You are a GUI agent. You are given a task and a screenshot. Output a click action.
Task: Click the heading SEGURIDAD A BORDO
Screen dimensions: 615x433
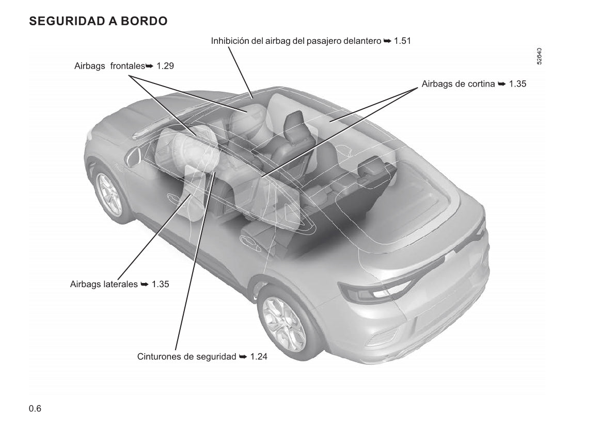[x=98, y=21]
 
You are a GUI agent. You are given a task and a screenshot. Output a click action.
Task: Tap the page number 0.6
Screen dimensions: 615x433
[x=35, y=409]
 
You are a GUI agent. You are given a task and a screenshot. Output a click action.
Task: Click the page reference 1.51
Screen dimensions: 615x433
[x=402, y=41]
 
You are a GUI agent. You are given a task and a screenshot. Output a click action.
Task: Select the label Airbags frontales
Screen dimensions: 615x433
[x=109, y=66]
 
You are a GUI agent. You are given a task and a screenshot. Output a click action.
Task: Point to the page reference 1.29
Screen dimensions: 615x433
[x=165, y=66]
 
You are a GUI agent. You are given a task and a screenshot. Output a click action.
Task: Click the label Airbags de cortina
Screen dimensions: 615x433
[x=458, y=84]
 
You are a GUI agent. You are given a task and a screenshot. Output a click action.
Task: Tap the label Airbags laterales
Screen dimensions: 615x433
[x=104, y=284]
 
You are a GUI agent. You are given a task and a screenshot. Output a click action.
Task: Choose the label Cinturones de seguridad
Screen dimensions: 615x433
[x=187, y=357]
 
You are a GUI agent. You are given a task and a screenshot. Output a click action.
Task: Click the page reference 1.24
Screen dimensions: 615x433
[x=259, y=357]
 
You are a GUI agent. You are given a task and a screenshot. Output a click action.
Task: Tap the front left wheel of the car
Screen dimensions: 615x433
[x=109, y=193]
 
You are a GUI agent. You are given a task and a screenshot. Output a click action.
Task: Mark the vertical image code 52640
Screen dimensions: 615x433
[x=539, y=56]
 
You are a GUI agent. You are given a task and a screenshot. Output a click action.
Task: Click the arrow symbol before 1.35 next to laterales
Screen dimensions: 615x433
[x=145, y=284]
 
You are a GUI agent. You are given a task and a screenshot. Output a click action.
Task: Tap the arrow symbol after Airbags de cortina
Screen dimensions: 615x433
[x=501, y=84]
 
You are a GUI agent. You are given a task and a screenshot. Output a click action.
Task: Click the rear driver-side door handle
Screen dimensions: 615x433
[x=250, y=243]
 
